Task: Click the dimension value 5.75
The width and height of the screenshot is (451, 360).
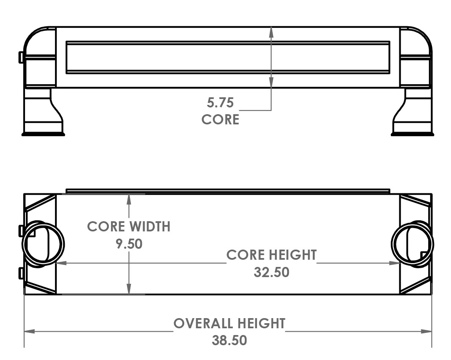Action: pyautogui.click(x=220, y=103)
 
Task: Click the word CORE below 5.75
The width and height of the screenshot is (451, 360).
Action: pyautogui.click(x=220, y=120)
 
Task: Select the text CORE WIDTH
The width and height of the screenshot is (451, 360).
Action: pyautogui.click(x=129, y=226)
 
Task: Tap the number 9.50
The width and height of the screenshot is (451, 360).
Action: pyautogui.click(x=129, y=244)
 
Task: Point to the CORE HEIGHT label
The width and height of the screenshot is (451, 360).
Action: pyautogui.click(x=271, y=255)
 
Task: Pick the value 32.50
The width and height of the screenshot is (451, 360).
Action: pyautogui.click(x=271, y=272)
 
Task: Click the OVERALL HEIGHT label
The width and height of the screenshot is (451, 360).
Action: pyautogui.click(x=229, y=324)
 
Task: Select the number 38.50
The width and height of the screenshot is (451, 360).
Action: pyautogui.click(x=229, y=341)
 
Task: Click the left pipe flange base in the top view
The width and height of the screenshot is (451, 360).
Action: pyautogui.click(x=43, y=134)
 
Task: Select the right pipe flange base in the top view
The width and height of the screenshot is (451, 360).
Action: pyautogui.click(x=412, y=134)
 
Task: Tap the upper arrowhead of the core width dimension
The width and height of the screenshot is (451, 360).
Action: pyautogui.click(x=129, y=199)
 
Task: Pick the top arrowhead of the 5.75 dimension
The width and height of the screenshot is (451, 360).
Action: pyautogui.click(x=271, y=32)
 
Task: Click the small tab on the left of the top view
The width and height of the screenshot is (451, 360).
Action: pyautogui.click(x=21, y=57)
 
